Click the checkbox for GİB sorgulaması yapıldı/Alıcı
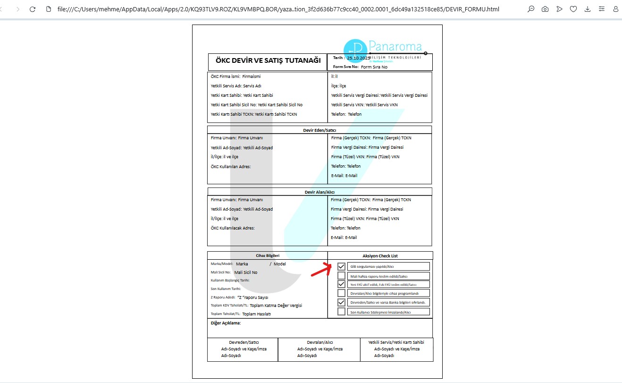(341, 266)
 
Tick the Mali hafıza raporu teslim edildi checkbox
(341, 276)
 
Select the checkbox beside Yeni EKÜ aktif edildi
(341, 284)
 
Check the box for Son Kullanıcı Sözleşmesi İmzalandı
(341, 312)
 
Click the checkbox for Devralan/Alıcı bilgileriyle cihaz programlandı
(341, 293)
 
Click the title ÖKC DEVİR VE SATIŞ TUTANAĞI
(268, 61)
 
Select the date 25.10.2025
(358, 58)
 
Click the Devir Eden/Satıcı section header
(319, 130)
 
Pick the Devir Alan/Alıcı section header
(319, 192)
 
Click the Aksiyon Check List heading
(380, 256)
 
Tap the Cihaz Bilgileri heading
(268, 255)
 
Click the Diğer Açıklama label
(226, 323)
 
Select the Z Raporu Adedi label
(223, 298)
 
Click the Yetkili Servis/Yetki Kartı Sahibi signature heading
(396, 342)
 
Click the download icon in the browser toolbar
(587, 9)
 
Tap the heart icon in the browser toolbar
(573, 9)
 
